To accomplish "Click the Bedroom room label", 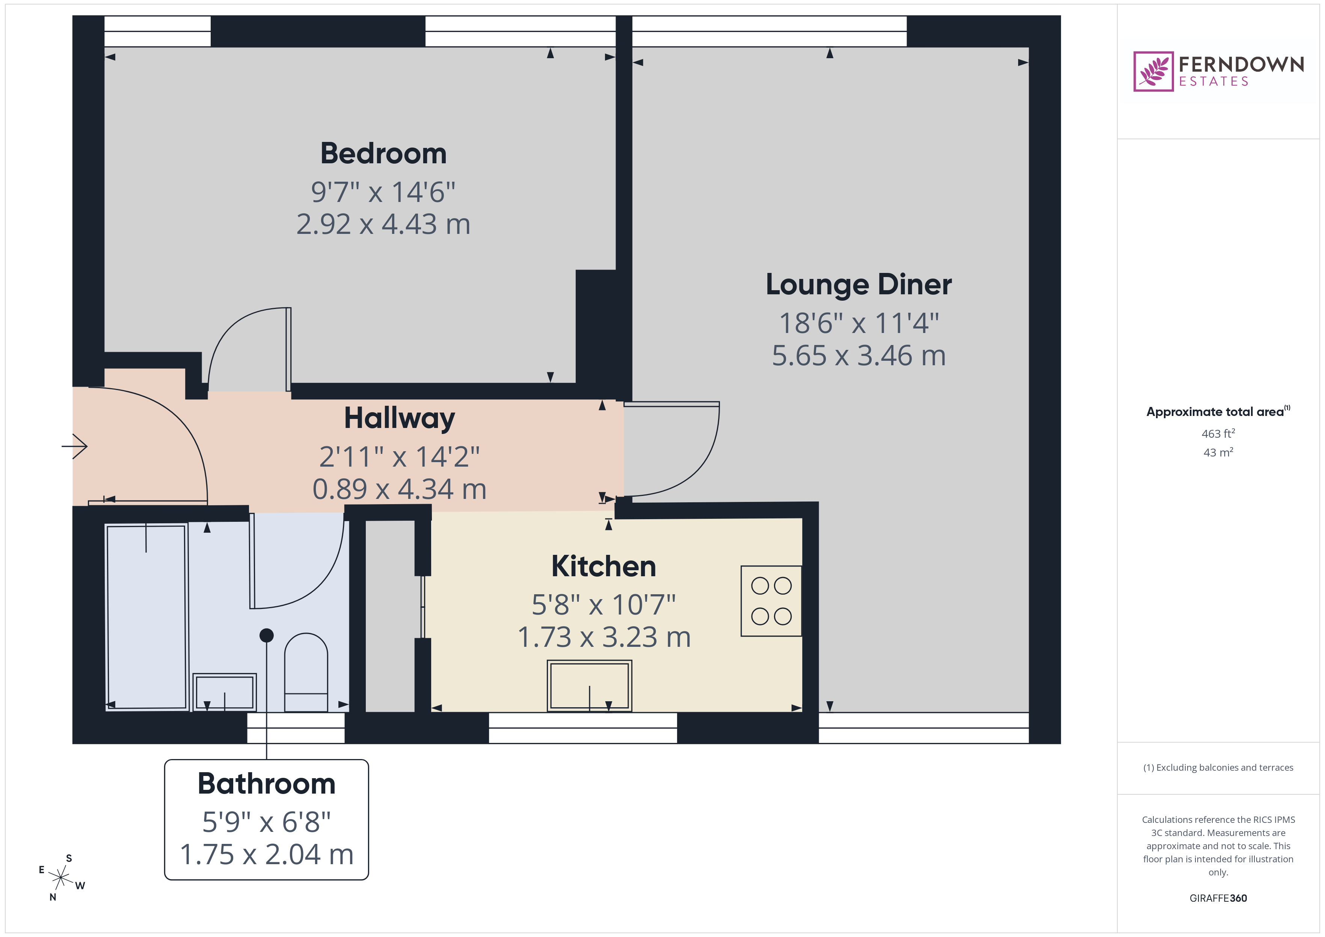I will (383, 154).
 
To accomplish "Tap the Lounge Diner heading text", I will (858, 285).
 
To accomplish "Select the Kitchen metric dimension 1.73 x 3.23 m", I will (604, 637).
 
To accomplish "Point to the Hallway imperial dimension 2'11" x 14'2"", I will (399, 457).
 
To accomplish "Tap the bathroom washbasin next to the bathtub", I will (225, 691).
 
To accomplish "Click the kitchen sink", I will (589, 685).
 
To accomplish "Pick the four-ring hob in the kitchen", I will (771, 601).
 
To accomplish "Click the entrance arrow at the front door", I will (75, 446).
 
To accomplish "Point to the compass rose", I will (60, 878).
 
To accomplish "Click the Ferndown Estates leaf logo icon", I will (1153, 72).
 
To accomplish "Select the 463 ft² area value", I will (1218, 433).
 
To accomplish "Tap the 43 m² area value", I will (1218, 452).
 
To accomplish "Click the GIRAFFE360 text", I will (1218, 898).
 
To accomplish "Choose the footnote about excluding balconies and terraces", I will (1218, 767).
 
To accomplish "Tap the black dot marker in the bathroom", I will (267, 635).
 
